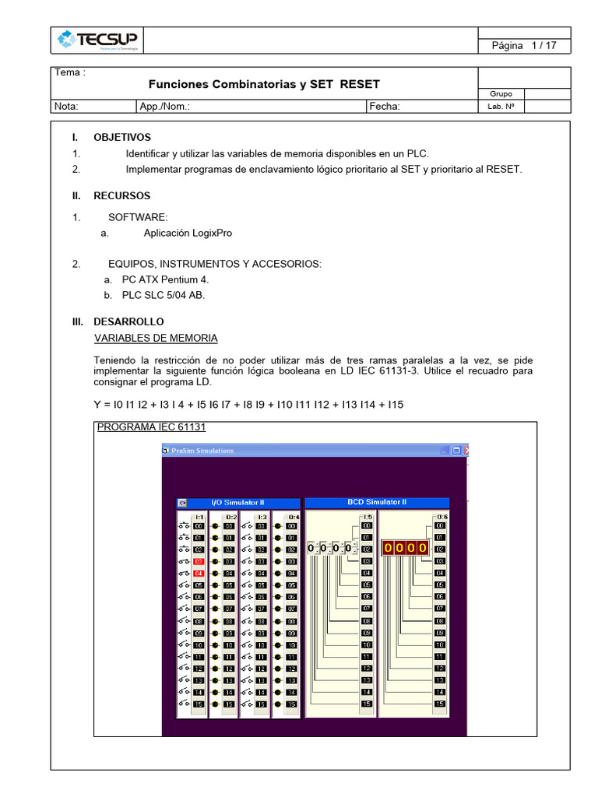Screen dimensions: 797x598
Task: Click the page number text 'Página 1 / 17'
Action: pyautogui.click(x=523, y=46)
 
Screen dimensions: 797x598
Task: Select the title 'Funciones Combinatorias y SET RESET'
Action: pyautogui.click(x=264, y=84)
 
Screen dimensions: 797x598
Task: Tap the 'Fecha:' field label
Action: pyautogui.click(x=385, y=107)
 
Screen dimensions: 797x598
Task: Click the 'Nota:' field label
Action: pyautogui.click(x=66, y=107)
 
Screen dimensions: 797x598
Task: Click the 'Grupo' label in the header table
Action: pyautogui.click(x=501, y=93)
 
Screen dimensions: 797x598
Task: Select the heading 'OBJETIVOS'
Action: pyautogui.click(x=122, y=137)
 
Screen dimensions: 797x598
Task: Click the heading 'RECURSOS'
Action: pyautogui.click(x=122, y=195)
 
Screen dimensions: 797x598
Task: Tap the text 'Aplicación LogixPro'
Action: pyautogui.click(x=188, y=233)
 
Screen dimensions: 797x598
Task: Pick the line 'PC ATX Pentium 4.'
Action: pyautogui.click(x=165, y=279)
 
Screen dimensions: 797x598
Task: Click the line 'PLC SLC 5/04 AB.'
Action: pyautogui.click(x=164, y=295)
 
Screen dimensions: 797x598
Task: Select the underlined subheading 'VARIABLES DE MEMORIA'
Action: pyautogui.click(x=156, y=338)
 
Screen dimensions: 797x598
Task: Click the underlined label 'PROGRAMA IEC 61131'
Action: pyautogui.click(x=151, y=427)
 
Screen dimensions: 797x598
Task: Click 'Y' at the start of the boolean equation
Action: pyautogui.click(x=97, y=405)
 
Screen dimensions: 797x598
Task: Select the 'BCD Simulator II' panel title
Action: pyautogui.click(x=376, y=503)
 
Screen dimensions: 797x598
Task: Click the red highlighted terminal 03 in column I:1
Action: pyautogui.click(x=198, y=561)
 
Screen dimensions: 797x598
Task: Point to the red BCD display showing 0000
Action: pyautogui.click(x=404, y=548)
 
